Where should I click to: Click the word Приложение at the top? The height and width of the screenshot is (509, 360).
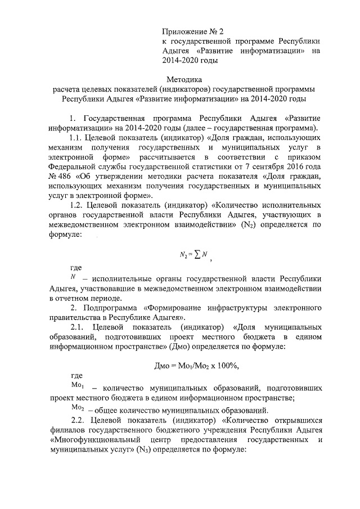[181, 30]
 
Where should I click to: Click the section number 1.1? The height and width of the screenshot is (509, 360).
[77, 138]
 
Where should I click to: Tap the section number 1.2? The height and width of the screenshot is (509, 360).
[77, 207]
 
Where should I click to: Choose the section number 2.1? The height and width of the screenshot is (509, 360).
[77, 327]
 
